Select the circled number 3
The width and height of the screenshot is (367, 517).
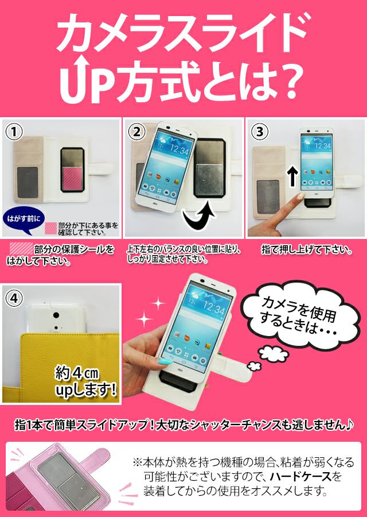pyautogui.click(x=260, y=132)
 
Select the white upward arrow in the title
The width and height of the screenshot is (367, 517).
pyautogui.click(x=73, y=75)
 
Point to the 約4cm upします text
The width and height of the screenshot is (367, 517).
pyautogui.click(x=84, y=383)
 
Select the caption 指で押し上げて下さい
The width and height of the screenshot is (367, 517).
pyautogui.click(x=306, y=250)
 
